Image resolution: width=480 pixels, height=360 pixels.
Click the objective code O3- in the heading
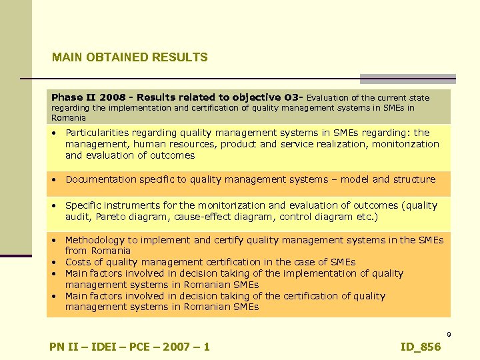point(293,97)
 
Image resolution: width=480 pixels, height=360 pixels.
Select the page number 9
point(449,334)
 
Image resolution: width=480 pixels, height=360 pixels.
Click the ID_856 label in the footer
point(421,347)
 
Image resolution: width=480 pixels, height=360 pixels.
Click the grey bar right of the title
point(408,78)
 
